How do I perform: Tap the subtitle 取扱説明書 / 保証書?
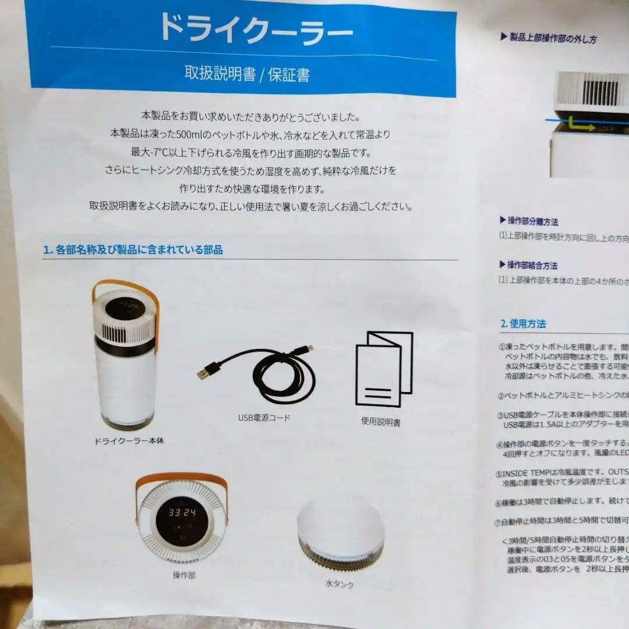247,74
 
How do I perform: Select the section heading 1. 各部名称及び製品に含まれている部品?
133,250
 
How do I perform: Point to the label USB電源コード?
264,418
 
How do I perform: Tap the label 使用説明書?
380,422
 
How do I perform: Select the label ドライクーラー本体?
129,440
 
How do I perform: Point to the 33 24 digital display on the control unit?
182,513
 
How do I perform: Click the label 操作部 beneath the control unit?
184,575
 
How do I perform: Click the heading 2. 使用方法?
523,323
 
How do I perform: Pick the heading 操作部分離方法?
532,221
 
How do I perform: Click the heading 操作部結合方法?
532,265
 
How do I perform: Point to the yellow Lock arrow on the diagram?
579,124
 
